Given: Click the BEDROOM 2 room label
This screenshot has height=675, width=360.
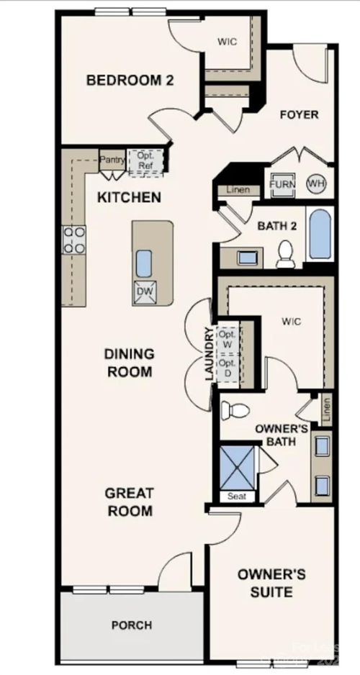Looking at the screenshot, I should coord(130,80).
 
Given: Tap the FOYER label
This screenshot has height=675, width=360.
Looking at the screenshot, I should coord(299,114).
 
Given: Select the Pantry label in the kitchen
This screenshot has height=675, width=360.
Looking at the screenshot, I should coord(112,160).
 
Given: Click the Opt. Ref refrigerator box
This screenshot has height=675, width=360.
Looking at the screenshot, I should coord(145,160).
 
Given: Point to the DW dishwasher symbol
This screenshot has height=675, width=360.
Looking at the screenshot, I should coord(143,291).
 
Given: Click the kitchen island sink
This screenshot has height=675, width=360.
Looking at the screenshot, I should coord(143,263).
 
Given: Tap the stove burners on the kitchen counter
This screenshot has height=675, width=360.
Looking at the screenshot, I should coord(74,240).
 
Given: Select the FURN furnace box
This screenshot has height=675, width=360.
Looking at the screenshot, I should coord(282,184).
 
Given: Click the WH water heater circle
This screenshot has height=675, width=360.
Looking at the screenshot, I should coord(315,184).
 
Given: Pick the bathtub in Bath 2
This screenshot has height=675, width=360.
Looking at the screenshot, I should coord(319,235).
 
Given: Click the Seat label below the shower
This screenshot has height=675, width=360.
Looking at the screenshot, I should coord(236,497).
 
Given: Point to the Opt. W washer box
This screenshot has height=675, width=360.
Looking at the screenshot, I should coord(228,340).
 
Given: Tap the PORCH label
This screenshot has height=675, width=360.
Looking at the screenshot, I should coord(132,625).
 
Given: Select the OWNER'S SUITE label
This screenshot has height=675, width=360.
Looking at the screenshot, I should coord(271,583).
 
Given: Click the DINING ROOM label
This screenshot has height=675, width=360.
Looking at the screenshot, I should coord(129,363).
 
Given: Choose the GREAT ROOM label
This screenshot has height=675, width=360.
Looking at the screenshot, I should coord(130,502).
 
